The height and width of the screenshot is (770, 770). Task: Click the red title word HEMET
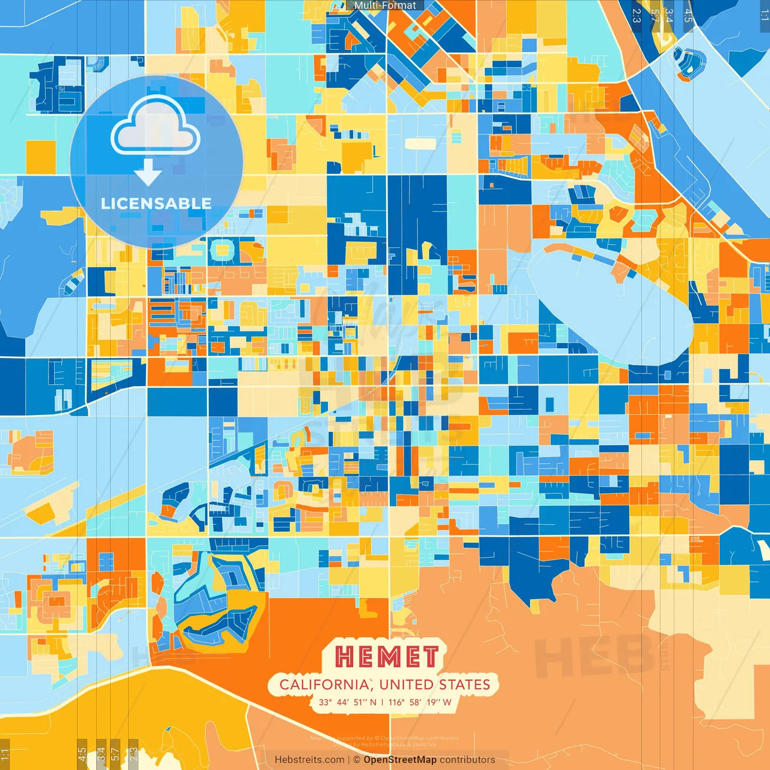tap(386, 657)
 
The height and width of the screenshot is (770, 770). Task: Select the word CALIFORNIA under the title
tap(324, 685)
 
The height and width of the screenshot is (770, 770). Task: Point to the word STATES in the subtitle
tap(464, 685)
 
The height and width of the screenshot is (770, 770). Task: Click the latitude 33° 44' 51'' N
tap(348, 702)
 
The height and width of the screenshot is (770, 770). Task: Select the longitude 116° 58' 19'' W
tap(420, 702)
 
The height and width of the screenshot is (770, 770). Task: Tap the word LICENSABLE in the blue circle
tap(156, 203)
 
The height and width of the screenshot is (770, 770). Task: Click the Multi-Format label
tap(385, 5)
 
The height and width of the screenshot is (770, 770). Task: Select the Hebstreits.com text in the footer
tap(309, 760)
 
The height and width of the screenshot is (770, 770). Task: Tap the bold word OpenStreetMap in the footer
tap(400, 760)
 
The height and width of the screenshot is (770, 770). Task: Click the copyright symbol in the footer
tap(356, 760)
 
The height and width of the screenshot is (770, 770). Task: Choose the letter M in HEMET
tap(387, 657)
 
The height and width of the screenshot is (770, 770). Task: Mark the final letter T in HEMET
tap(430, 657)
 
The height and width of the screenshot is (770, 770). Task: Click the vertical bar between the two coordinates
tap(383, 702)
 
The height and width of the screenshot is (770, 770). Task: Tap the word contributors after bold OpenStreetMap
tap(467, 760)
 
